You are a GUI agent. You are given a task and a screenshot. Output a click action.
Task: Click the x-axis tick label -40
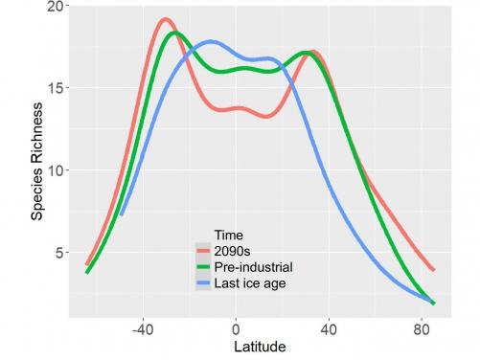143,326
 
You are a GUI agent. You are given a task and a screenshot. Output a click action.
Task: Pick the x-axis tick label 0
236,326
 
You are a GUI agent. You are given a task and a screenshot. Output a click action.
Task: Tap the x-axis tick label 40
329,326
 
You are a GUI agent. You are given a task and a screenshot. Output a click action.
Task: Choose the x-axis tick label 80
422,326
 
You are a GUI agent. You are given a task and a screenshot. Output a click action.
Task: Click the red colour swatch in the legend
204,250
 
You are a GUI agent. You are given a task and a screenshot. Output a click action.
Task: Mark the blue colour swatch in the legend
204,283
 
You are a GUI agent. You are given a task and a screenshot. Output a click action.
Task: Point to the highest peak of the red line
166,19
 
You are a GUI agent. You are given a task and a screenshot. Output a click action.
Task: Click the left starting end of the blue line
121,214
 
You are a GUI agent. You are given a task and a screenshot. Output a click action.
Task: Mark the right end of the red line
434,270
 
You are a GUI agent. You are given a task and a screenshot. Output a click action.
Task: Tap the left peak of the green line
173,33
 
